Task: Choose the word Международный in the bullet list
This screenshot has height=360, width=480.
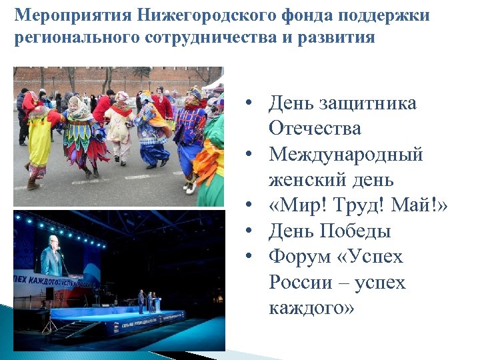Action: pos(346,154)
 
